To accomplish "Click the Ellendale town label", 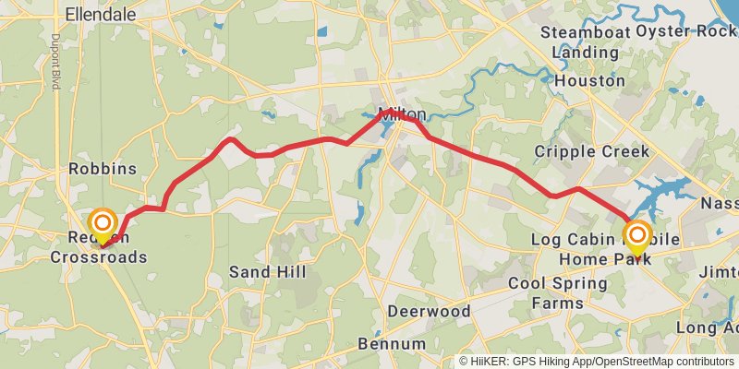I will pos(102,14).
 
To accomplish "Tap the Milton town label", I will pos(402,114).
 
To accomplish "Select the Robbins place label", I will pos(103,169).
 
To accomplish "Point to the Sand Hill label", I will pos(262,272).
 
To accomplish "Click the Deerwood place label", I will pos(429,311).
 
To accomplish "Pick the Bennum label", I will pos(392,344).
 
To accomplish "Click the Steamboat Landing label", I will pos(574,42).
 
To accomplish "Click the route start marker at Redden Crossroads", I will pos(102,224).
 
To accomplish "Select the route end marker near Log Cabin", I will pos(636,234).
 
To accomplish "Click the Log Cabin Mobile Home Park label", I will pos(605,250).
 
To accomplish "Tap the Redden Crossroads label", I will pos(106,248).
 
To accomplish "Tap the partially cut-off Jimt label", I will pos(719,273).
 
